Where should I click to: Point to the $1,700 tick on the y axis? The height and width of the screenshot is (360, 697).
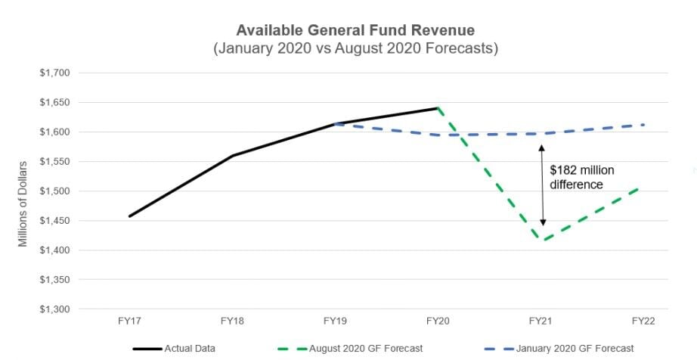54,73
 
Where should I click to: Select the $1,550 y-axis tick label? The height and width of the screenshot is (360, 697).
54,162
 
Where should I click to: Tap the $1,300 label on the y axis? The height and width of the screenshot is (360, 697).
54,309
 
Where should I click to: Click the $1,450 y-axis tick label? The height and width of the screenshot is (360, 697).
54,221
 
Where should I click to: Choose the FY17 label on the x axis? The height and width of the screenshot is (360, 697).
129,321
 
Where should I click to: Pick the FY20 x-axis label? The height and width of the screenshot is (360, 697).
438,321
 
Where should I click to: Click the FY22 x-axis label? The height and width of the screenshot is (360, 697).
643,321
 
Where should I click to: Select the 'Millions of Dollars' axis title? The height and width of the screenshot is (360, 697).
23,203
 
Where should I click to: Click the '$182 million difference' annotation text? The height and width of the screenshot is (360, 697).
581,177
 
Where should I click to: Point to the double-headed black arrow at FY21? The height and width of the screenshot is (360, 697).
542,185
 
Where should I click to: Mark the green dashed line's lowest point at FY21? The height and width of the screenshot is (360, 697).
542,241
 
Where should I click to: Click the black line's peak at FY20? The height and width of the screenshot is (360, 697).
438,108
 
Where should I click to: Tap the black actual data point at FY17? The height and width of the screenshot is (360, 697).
130,216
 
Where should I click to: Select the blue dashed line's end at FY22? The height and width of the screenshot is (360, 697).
644,125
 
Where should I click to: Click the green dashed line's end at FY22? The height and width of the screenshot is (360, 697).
644,187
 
